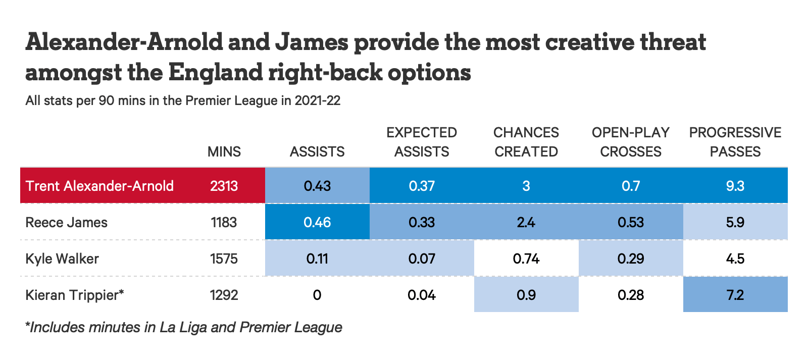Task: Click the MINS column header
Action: pyautogui.click(x=224, y=152)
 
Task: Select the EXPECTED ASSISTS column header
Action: pyautogui.click(x=422, y=142)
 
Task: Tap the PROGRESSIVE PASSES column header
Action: pyautogui.click(x=735, y=142)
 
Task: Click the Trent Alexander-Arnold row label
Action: pyautogui.click(x=99, y=186)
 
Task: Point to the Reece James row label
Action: pyautogui.click(x=66, y=222)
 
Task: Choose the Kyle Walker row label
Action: pyautogui.click(x=62, y=259)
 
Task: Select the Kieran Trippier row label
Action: pyautogui.click(x=75, y=295)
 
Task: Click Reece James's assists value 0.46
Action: pyautogui.click(x=317, y=222)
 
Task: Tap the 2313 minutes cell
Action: pyautogui.click(x=224, y=186)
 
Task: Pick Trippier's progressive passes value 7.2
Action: pyautogui.click(x=735, y=295)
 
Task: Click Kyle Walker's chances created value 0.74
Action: pyautogui.click(x=526, y=259)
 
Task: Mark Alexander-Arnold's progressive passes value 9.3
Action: pyautogui.click(x=735, y=186)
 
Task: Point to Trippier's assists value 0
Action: pyautogui.click(x=317, y=295)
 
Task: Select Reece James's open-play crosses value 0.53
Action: pyautogui.click(x=631, y=222)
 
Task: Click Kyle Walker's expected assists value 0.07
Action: pyautogui.click(x=422, y=259)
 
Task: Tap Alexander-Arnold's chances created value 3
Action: pyautogui.click(x=526, y=186)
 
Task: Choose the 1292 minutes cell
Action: pyautogui.click(x=224, y=295)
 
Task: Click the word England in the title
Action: pyautogui.click(x=215, y=72)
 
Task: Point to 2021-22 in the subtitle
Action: pyautogui.click(x=318, y=100)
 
